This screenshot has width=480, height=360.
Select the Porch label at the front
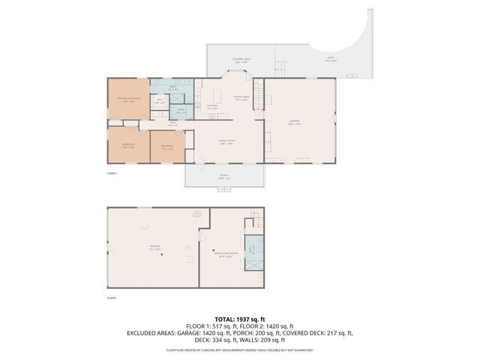coord(224,178)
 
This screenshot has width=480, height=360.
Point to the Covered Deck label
coord(241,61)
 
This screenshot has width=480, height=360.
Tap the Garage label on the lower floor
coord(154,247)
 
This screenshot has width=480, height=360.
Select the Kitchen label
coord(212,106)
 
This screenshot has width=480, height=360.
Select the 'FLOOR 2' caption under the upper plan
coord(112,173)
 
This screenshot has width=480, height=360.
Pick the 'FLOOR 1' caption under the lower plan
coord(112,298)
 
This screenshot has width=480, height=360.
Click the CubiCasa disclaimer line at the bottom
coord(239,349)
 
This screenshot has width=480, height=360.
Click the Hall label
coord(172,122)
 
